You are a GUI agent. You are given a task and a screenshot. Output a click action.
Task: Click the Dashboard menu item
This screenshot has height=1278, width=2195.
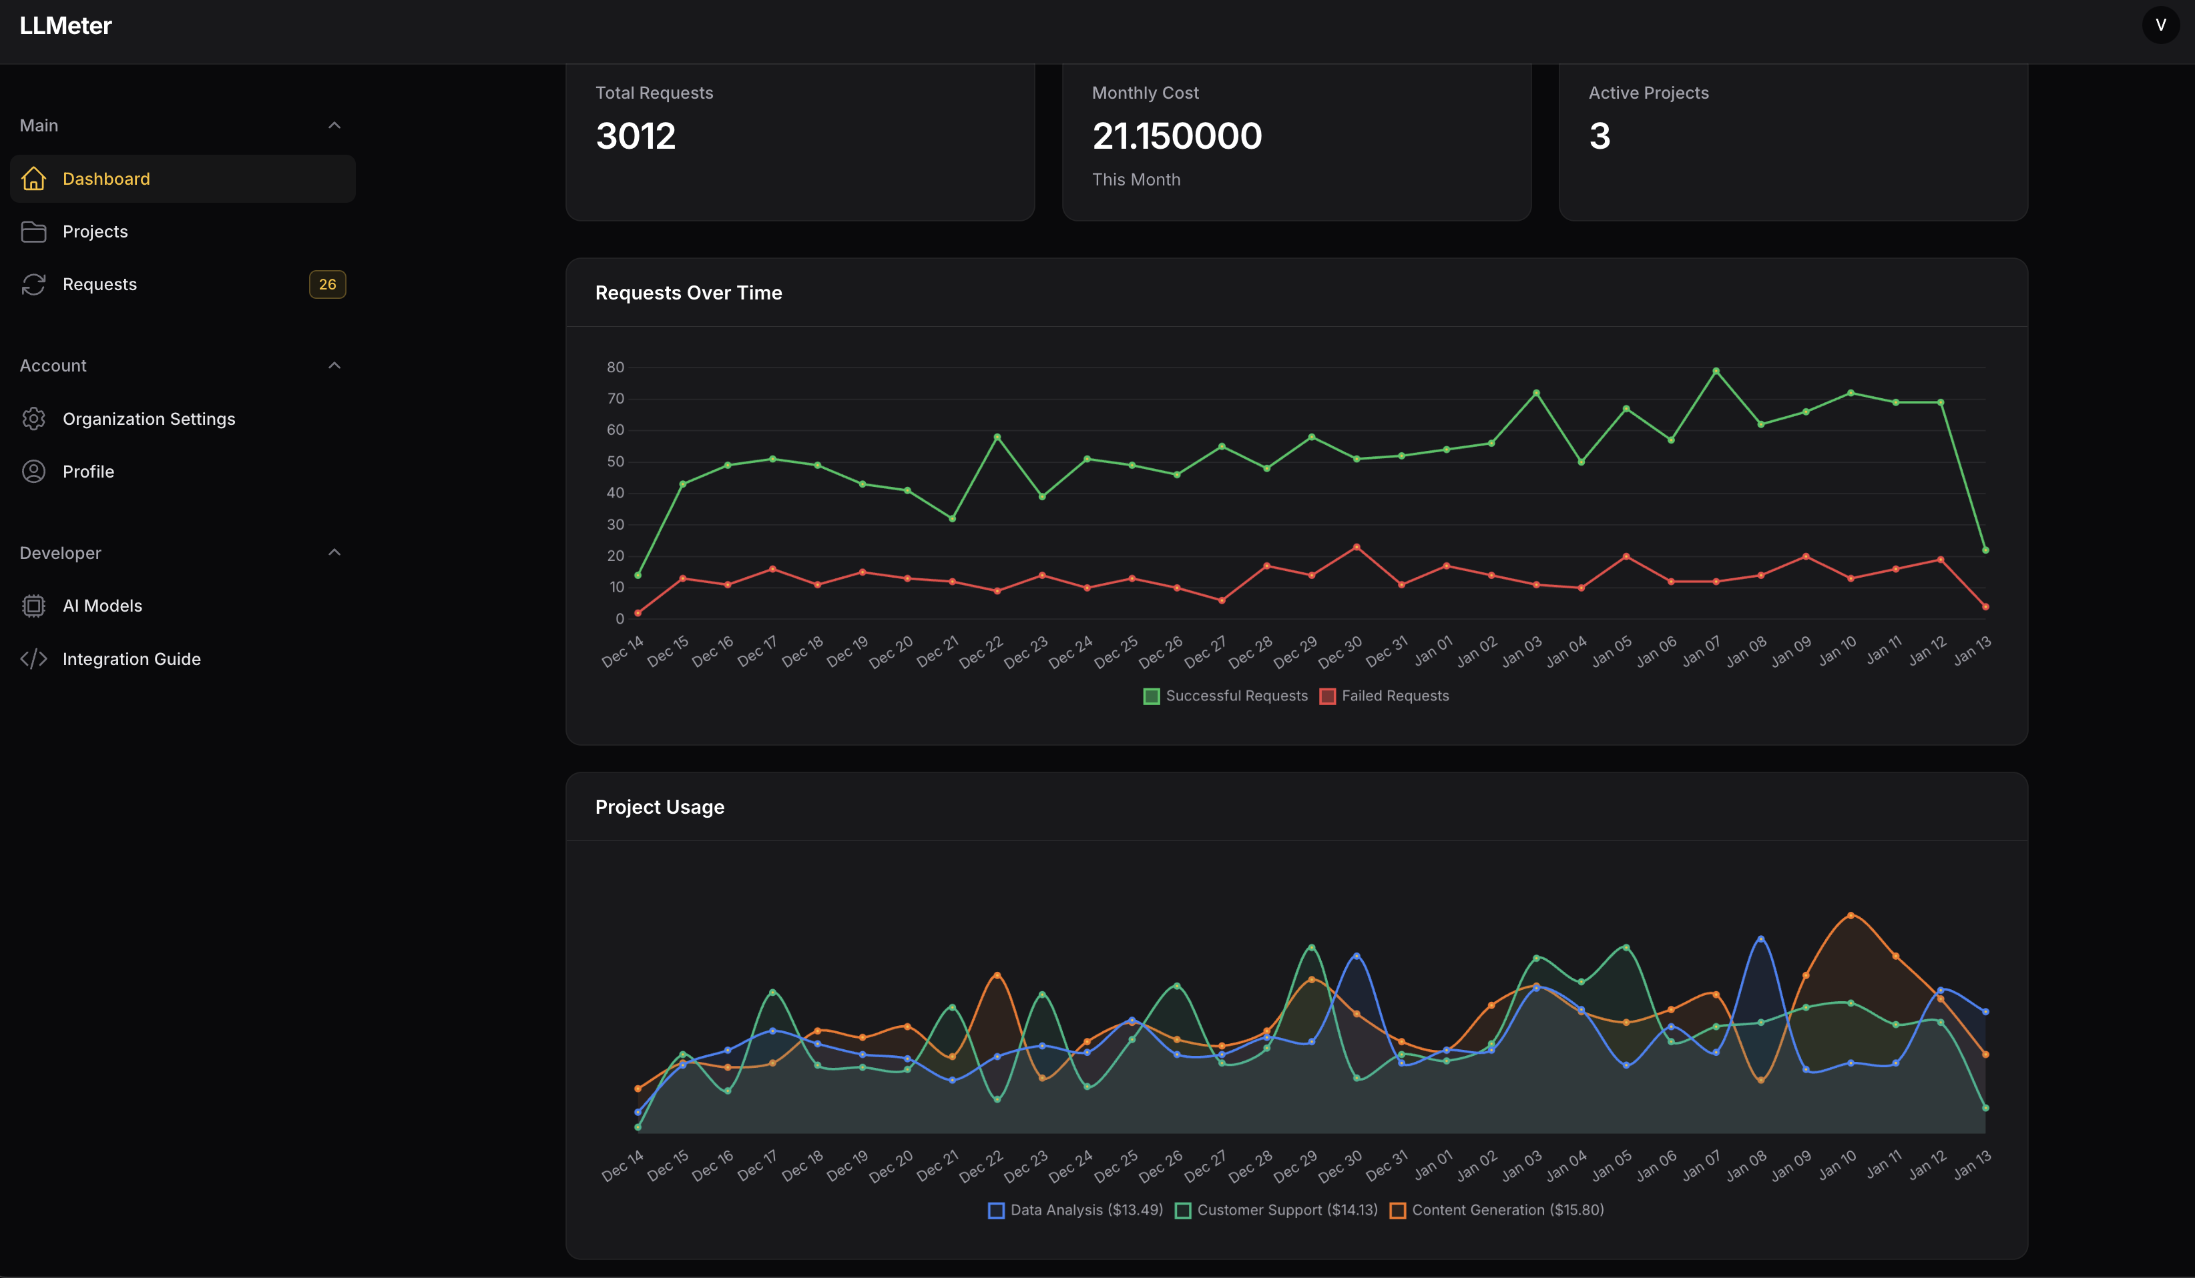pyautogui.click(x=105, y=179)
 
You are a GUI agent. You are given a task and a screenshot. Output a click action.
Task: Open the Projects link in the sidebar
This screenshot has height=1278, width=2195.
pyautogui.click(x=95, y=231)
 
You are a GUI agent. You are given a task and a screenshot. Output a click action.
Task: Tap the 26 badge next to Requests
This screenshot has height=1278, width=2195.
pyautogui.click(x=326, y=285)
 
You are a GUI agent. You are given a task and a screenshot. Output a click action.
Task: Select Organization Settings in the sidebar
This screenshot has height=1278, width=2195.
pyautogui.click(x=148, y=419)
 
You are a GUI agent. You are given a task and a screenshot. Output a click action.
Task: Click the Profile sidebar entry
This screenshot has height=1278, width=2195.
pyautogui.click(x=88, y=472)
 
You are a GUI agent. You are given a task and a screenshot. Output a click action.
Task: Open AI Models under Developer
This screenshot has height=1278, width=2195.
pyautogui.click(x=102, y=606)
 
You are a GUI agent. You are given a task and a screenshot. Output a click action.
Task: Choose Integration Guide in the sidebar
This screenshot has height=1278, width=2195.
pyautogui.click(x=131, y=659)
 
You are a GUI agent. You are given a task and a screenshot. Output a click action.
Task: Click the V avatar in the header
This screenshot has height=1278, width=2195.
pyautogui.click(x=2160, y=25)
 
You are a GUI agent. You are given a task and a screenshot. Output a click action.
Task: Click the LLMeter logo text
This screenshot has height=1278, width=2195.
pyautogui.click(x=65, y=25)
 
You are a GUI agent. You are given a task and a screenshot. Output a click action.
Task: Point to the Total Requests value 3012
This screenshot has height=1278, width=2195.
pyautogui.click(x=635, y=136)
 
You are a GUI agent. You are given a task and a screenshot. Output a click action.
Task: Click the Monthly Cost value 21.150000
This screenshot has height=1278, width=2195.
pyautogui.click(x=1176, y=136)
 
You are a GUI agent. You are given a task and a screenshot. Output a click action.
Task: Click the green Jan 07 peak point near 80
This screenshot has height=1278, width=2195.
pyautogui.click(x=1716, y=371)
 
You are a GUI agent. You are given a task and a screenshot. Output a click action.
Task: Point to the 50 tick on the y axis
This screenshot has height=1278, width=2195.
pyautogui.click(x=615, y=462)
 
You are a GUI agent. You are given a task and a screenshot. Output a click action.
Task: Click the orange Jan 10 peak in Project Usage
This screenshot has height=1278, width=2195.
pyautogui.click(x=1850, y=915)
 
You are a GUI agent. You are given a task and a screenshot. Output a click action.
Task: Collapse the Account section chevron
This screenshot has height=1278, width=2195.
pyautogui.click(x=334, y=366)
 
